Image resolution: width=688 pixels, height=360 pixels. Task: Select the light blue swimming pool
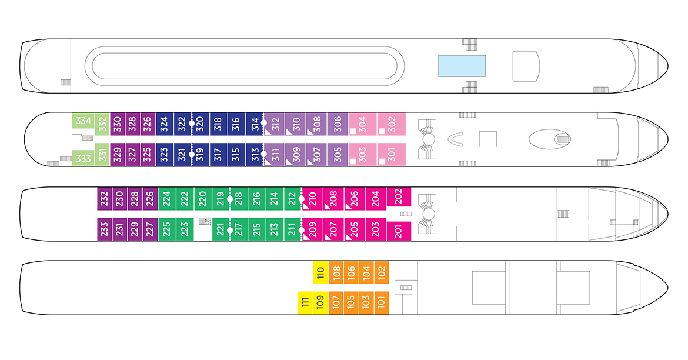click(462, 66)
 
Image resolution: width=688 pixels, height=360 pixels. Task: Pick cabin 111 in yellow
click(305, 303)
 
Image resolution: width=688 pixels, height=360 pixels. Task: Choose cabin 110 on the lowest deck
click(320, 272)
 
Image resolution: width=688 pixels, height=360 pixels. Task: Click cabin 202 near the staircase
click(398, 197)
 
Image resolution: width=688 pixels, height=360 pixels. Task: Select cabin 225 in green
click(166, 228)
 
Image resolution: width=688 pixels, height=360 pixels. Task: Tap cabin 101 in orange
click(382, 303)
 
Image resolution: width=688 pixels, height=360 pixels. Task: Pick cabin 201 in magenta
click(398, 231)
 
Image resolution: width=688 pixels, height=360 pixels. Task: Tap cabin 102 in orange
click(382, 272)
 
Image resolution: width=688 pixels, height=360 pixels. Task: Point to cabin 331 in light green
click(103, 155)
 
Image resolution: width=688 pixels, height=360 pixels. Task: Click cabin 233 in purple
click(105, 228)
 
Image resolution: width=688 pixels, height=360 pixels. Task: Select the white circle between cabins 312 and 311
click(265, 139)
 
